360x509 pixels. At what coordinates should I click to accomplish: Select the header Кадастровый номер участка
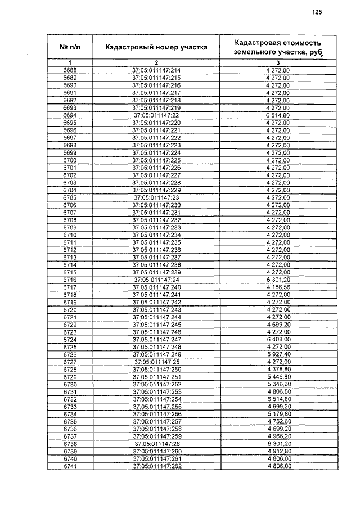(156, 47)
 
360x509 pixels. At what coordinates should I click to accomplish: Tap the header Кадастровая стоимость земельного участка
(278, 47)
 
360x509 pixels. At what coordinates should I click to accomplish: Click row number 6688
(70, 70)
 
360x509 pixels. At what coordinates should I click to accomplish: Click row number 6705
(70, 198)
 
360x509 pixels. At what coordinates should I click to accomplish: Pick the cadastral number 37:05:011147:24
(156, 280)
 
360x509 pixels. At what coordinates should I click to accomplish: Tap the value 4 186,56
(278, 287)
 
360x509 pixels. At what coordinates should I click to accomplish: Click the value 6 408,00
(278, 340)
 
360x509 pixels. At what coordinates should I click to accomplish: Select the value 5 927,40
(278, 355)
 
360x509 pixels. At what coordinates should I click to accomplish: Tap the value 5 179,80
(278, 415)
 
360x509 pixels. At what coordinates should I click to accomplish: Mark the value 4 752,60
(278, 422)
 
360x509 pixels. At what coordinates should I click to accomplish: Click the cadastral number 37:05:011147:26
(156, 444)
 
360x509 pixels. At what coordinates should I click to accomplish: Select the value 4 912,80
(278, 452)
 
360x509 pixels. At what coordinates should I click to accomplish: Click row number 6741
(70, 467)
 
